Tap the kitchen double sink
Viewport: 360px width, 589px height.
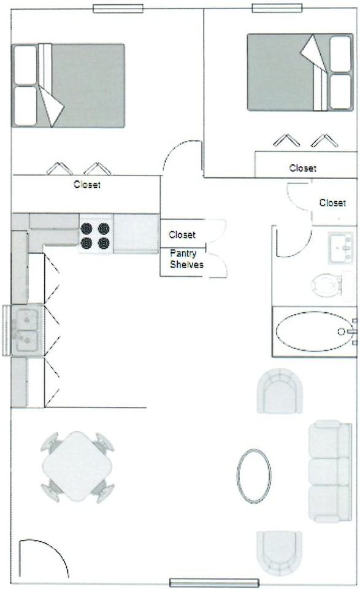pyautogui.click(x=26, y=329)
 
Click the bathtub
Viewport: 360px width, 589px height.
pyautogui.click(x=313, y=331)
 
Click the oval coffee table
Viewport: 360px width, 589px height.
pyautogui.click(x=254, y=475)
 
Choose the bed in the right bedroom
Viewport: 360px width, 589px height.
pyautogui.click(x=291, y=72)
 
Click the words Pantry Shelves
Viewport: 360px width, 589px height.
pyautogui.click(x=186, y=258)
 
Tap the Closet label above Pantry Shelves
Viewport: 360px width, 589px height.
pyautogui.click(x=182, y=234)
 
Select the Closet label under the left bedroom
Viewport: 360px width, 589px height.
pyautogui.click(x=86, y=184)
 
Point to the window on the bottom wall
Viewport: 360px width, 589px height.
pyautogui.click(x=214, y=582)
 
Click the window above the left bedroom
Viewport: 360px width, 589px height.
pyautogui.click(x=118, y=9)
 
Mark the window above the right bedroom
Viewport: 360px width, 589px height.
pyautogui.click(x=277, y=8)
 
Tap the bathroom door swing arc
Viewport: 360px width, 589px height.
pyautogui.click(x=293, y=242)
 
